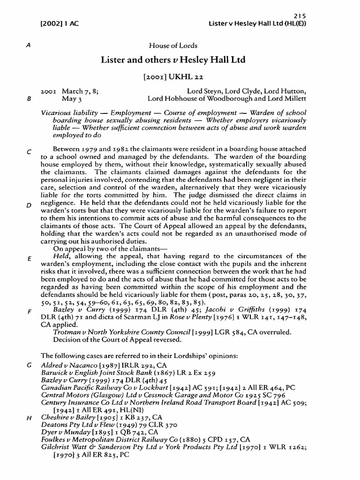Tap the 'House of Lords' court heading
[173, 45]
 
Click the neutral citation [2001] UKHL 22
[173, 76]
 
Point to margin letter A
[30, 46]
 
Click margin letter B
[30, 99]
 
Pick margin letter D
[30, 206]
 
